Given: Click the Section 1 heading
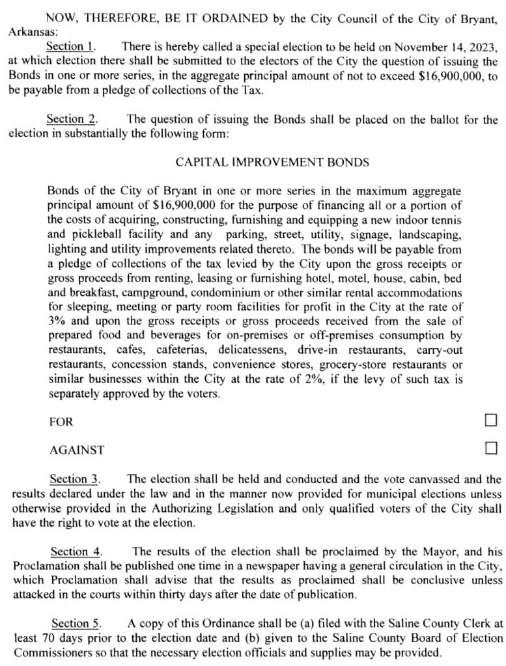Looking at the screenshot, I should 71,46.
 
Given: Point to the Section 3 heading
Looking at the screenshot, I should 75,479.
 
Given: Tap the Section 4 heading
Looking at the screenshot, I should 76,552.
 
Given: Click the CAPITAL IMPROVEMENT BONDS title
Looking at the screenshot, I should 272,163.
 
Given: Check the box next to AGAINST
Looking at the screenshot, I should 491,447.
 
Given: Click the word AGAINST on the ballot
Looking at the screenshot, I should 77,449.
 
